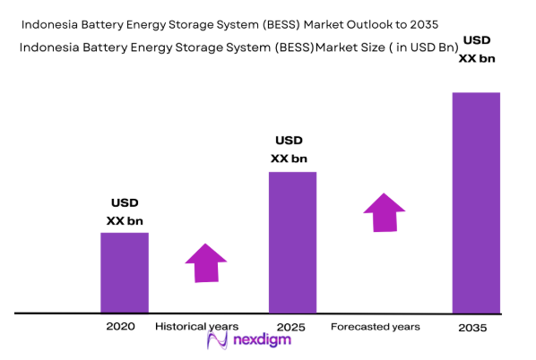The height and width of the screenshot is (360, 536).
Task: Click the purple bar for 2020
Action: click(x=124, y=272)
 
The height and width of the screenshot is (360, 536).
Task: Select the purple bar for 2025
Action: click(x=293, y=242)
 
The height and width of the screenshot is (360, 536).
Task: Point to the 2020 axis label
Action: click(x=120, y=327)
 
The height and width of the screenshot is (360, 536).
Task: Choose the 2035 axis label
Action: click(x=472, y=328)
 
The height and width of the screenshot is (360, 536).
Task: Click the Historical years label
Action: click(x=197, y=327)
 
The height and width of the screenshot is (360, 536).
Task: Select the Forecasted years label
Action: click(x=375, y=327)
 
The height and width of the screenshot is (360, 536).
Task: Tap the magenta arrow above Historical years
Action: click(x=206, y=262)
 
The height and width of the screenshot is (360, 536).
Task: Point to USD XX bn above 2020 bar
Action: click(x=125, y=211)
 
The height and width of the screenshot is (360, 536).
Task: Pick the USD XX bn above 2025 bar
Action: click(x=289, y=150)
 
